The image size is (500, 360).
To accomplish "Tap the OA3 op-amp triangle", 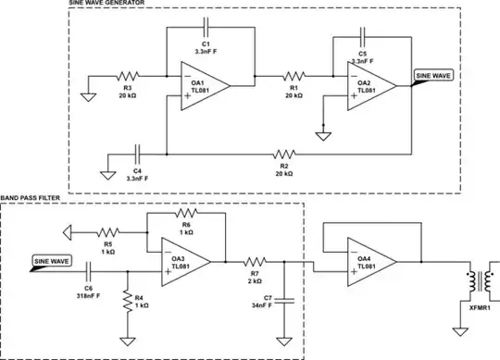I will click(x=188, y=262).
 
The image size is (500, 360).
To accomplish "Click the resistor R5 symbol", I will click(x=106, y=231).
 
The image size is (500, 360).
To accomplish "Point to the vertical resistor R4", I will click(x=126, y=304).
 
